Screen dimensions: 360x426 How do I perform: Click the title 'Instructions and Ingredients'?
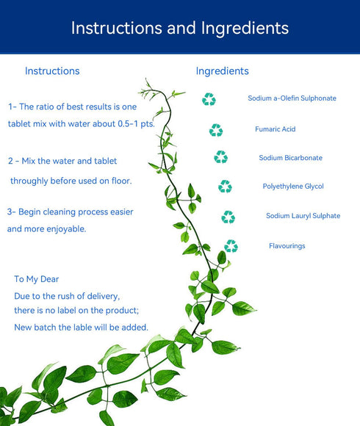(x=180, y=28)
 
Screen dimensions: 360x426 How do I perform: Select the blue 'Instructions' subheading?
(x=52, y=71)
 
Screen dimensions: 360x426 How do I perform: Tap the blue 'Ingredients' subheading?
(x=223, y=71)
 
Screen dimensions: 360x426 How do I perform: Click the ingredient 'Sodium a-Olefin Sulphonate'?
(x=292, y=98)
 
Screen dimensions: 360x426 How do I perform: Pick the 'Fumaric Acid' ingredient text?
(x=276, y=129)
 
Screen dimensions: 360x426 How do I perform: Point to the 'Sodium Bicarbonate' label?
(x=291, y=158)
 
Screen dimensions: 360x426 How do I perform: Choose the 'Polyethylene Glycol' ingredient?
(x=293, y=187)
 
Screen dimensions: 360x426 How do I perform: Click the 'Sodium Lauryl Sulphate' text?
(x=303, y=216)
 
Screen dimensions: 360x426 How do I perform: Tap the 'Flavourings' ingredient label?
(x=287, y=246)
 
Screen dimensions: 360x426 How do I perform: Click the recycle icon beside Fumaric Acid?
(x=216, y=130)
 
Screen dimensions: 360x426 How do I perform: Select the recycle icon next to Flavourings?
(x=231, y=246)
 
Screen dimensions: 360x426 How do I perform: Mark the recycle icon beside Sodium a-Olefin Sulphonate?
(x=209, y=99)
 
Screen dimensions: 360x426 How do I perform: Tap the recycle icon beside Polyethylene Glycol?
(x=225, y=187)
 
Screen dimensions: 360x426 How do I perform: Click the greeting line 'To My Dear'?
(x=37, y=279)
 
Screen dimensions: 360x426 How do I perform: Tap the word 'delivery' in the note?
(x=104, y=296)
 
